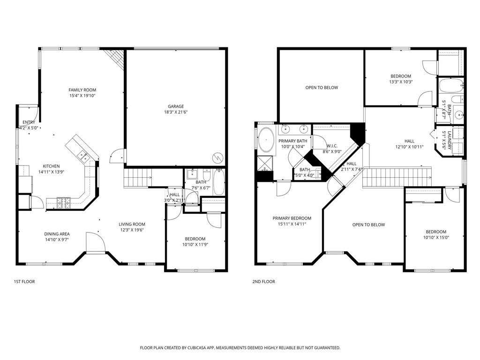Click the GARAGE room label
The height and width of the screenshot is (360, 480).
click(x=176, y=106)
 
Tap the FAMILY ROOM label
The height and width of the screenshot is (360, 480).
click(x=82, y=90)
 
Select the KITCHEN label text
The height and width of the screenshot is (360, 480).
click(x=51, y=166)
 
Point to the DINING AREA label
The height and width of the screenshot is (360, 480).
click(x=57, y=234)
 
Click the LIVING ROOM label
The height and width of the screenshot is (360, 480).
click(x=132, y=224)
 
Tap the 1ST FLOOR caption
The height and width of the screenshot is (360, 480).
click(x=24, y=281)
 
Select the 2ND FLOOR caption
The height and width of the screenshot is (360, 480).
click(x=263, y=281)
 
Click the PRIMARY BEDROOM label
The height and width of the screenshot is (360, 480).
click(x=292, y=218)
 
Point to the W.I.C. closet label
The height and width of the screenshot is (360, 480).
click(x=332, y=146)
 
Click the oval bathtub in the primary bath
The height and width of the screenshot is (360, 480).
click(x=266, y=140)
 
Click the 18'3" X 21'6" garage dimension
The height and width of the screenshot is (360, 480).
click(x=176, y=112)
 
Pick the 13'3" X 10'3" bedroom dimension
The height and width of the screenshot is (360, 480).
click(x=401, y=82)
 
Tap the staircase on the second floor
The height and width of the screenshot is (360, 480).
click(x=397, y=177)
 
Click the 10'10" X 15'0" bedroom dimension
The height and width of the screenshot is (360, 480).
click(x=436, y=237)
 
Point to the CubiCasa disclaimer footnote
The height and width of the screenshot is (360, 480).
click(x=240, y=348)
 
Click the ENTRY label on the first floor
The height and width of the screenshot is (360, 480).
click(x=29, y=122)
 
